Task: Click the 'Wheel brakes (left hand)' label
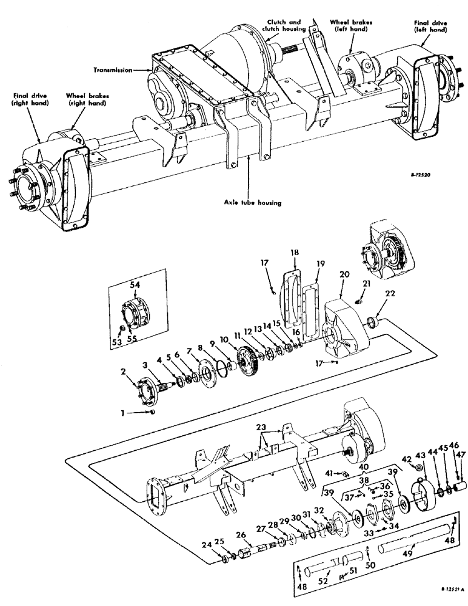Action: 352,26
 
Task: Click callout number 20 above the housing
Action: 344,274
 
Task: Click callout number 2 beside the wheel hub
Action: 122,372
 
